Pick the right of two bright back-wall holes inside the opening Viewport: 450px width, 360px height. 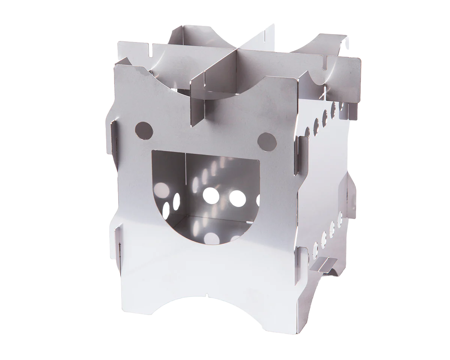point(237,198)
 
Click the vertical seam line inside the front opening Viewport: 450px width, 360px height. point(186,184)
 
